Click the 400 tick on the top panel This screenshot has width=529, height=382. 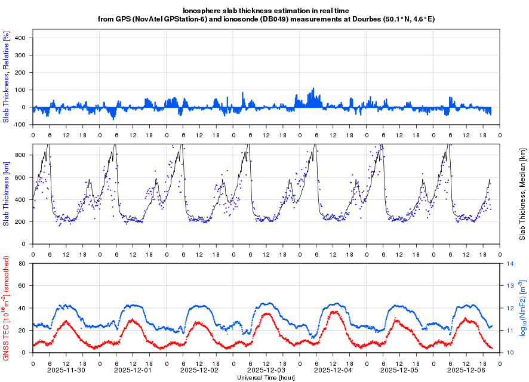tap(20, 38)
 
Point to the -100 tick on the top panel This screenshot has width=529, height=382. tap(19, 125)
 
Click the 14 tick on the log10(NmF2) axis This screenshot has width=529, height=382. tap(510, 263)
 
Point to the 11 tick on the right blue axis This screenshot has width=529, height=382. tap(510, 330)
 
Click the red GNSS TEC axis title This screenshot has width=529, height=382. tap(7, 309)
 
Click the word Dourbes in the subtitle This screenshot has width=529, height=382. tap(358, 19)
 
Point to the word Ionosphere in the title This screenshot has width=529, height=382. tap(203, 11)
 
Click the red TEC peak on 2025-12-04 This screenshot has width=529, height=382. tap(334, 312)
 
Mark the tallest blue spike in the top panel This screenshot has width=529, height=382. tap(313, 89)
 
